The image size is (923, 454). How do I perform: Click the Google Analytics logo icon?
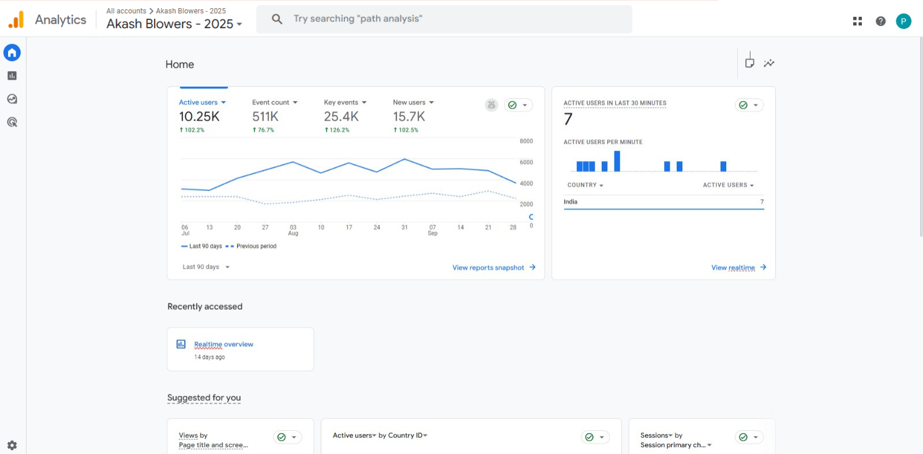pyautogui.click(x=16, y=20)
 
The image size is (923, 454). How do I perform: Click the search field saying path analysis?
pyautogui.click(x=444, y=19)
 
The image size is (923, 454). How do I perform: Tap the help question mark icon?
pyautogui.click(x=880, y=21)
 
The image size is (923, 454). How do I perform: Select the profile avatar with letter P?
pyautogui.click(x=903, y=21)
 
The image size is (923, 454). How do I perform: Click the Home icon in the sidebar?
pyautogui.click(x=12, y=53)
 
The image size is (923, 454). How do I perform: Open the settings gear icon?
pyautogui.click(x=12, y=445)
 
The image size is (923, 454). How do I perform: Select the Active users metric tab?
pyautogui.click(x=202, y=102)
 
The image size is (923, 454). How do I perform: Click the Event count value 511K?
pyautogui.click(x=265, y=117)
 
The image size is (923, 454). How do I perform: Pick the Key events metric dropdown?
pyautogui.click(x=345, y=102)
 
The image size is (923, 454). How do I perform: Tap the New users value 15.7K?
pyautogui.click(x=409, y=117)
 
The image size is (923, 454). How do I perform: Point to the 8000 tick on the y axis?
pyautogui.click(x=526, y=142)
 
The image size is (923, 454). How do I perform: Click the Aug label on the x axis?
pyautogui.click(x=293, y=233)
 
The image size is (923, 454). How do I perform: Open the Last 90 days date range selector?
pyautogui.click(x=206, y=267)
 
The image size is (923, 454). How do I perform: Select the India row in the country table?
pyautogui.click(x=663, y=202)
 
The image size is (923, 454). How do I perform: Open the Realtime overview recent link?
pyautogui.click(x=223, y=344)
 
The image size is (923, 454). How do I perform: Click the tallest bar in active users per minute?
pyautogui.click(x=617, y=161)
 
